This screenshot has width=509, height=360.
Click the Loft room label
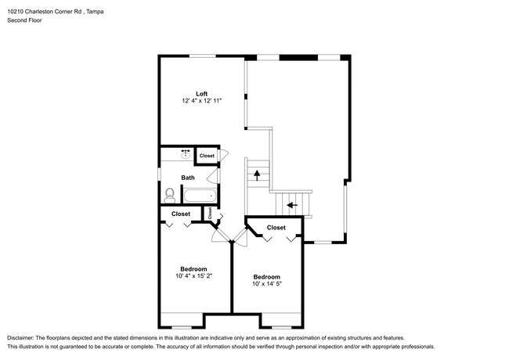(201, 94)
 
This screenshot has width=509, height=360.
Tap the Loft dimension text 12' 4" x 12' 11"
(201, 101)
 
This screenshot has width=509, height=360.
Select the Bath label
(188, 178)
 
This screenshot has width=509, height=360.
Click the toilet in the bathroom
(169, 195)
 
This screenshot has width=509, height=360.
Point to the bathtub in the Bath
(200, 196)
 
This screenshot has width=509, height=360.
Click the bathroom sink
(186, 154)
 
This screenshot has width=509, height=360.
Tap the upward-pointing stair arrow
(257, 175)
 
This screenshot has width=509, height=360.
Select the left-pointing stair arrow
(293, 205)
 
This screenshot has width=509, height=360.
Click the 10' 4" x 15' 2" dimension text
(193, 276)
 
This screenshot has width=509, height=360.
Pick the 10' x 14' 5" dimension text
(267, 284)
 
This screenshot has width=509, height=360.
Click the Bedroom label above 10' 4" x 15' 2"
(193, 269)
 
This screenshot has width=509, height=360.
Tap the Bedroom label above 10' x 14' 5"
(267, 276)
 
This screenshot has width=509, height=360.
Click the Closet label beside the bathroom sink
(207, 156)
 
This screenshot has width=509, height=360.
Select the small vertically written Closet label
(210, 213)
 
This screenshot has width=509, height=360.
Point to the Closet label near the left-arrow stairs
(276, 228)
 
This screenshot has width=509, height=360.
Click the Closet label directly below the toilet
(181, 214)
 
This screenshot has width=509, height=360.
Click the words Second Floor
(25, 20)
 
